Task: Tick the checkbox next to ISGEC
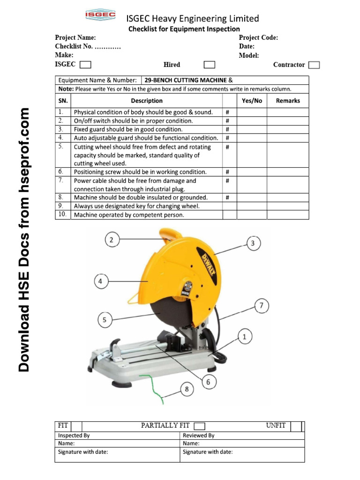click(85, 65)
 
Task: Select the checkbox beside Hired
click(210, 65)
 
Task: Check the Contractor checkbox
click(315, 65)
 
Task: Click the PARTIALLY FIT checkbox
click(200, 426)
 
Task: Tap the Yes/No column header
click(252, 101)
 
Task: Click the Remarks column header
click(288, 101)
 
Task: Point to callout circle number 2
click(112, 240)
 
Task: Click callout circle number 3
click(253, 243)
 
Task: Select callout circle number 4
click(101, 282)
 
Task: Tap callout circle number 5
click(105, 321)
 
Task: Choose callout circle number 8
click(187, 389)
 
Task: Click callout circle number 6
click(209, 382)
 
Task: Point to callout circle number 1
click(244, 336)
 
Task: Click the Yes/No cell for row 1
click(252, 112)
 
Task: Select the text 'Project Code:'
click(258, 37)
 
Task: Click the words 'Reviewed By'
click(199, 435)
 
